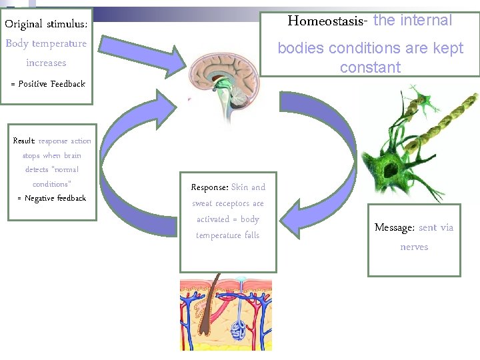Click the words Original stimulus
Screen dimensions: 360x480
[46, 24]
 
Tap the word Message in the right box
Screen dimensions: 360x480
[394, 228]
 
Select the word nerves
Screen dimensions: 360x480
[414, 247]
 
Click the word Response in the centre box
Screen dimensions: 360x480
[209, 187]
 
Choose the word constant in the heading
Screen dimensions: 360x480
[370, 68]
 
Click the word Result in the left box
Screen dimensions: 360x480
[24, 141]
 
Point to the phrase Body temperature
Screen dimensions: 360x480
[46, 43]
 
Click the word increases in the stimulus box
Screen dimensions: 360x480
[46, 63]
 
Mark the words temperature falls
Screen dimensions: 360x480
[227, 235]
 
